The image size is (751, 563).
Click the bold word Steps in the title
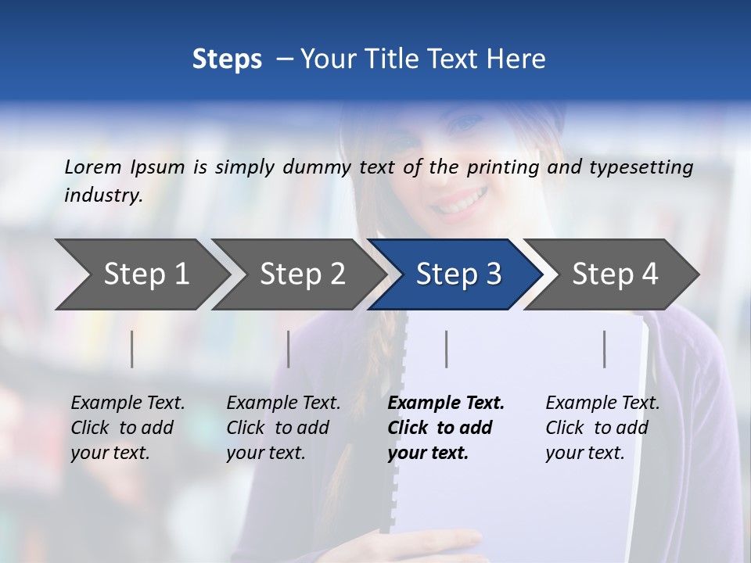[x=227, y=59]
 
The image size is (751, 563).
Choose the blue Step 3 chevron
[x=458, y=274]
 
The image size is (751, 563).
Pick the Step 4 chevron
[x=615, y=274]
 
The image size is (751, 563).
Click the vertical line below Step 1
[x=132, y=349]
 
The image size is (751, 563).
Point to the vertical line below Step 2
[x=289, y=349]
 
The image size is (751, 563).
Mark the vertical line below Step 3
[x=446, y=349]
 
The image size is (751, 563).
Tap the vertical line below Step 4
[x=604, y=349]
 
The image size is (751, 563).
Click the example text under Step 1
[x=128, y=428]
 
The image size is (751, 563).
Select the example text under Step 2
[x=283, y=428]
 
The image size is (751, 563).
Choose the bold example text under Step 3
[x=445, y=428]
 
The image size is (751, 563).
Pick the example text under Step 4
[x=602, y=428]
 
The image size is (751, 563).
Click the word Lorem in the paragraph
[x=93, y=167]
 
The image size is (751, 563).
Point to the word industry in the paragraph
[x=103, y=195]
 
